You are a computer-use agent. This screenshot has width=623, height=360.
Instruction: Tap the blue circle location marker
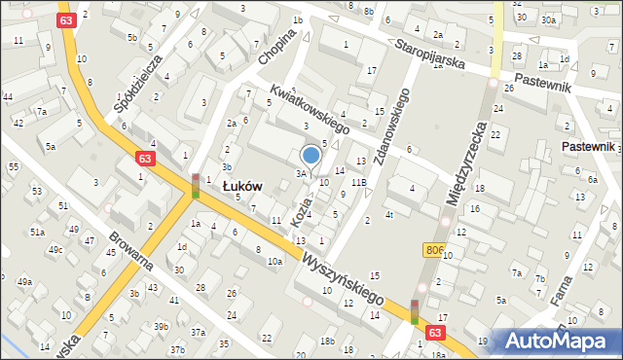click(311, 155)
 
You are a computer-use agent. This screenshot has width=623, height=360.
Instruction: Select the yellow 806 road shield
click(436, 251)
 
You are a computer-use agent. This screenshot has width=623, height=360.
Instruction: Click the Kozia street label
click(303, 211)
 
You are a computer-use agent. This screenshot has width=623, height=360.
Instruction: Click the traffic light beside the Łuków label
click(196, 186)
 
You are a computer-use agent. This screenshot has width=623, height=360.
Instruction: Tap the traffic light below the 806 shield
click(415, 311)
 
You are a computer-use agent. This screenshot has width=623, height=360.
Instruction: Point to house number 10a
click(275, 261)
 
